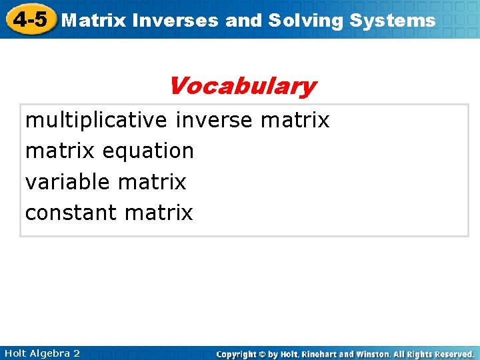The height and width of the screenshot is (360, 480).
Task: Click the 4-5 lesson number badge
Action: coord(29,19)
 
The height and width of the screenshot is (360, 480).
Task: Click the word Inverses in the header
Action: coord(175,21)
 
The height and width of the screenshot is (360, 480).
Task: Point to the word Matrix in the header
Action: coord(93,21)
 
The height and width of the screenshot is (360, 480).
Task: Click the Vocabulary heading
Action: coord(242,86)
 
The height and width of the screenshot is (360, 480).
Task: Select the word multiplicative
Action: coord(96,120)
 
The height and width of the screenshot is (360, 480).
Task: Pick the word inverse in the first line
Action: coord(214,120)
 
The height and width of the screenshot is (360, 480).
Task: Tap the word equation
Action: coord(148,151)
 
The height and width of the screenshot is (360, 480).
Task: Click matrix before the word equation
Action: coord(61,151)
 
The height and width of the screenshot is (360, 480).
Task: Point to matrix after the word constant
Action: coord(158,213)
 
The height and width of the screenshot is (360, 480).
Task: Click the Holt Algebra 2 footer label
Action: coord(41,353)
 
